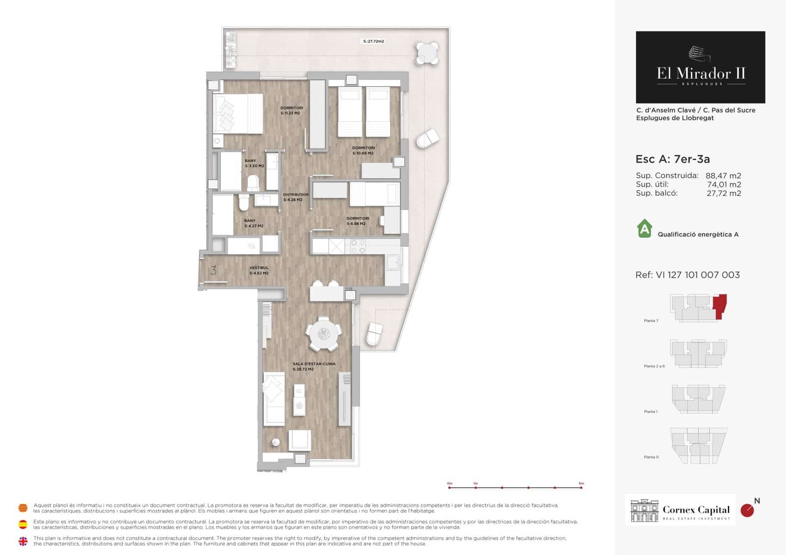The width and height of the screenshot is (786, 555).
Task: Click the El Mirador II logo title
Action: click(x=701, y=74)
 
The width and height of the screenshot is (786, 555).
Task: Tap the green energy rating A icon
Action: click(x=644, y=229)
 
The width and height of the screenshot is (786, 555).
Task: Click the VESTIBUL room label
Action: click(x=259, y=270)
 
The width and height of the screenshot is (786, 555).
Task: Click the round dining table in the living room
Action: click(x=323, y=334)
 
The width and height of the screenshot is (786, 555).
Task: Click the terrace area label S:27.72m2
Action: click(x=373, y=41)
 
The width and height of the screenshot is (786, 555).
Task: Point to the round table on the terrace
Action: click(x=427, y=53)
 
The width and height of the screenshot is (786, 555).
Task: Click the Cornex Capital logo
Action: click(x=680, y=510)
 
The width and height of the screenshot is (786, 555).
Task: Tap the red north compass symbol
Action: click(x=747, y=510)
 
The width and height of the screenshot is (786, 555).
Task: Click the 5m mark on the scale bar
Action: click(x=581, y=487)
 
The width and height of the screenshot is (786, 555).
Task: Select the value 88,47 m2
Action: click(x=723, y=176)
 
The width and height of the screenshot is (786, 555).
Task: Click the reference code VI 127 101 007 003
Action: click(x=698, y=275)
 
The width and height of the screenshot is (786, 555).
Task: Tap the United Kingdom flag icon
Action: click(x=23, y=541)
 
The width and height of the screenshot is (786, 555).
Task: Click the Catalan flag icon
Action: click(x=23, y=508)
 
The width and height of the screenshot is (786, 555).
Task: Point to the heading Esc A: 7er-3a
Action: click(x=673, y=159)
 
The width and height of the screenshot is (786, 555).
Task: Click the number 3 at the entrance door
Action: click(x=213, y=270)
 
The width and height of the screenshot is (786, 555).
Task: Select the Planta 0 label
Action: click(x=651, y=457)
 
